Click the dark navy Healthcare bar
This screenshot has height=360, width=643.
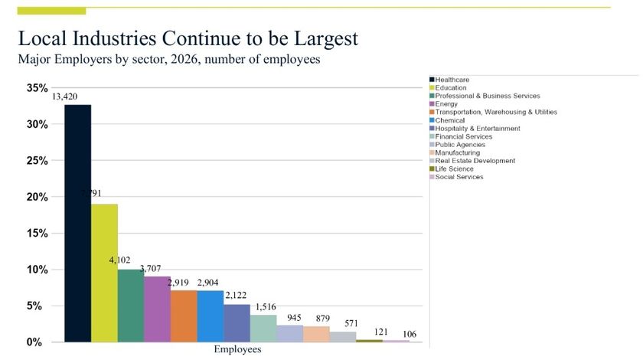pos(77,223)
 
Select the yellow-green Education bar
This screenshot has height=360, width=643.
pos(104,273)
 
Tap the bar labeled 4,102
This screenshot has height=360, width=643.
pos(130,306)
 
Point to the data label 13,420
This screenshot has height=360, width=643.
pos(64,97)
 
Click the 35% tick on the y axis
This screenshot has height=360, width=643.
pos(37,88)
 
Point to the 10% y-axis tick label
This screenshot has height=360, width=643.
pos(37,270)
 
